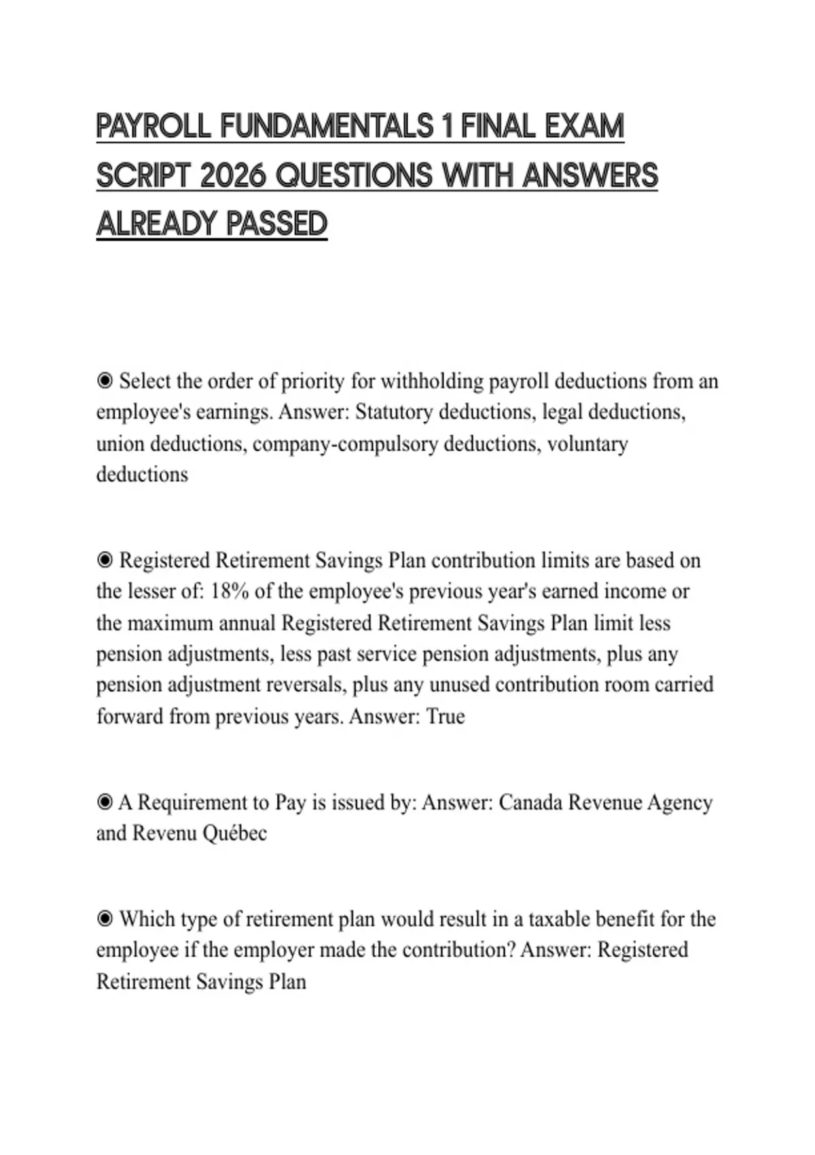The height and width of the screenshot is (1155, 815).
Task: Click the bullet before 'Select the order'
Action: [105, 381]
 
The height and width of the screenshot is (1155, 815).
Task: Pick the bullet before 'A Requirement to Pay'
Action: [105, 802]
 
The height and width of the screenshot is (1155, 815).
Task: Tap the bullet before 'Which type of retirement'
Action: [105, 919]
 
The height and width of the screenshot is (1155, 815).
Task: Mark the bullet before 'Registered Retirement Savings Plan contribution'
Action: [105, 561]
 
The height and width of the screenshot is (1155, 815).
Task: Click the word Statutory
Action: [394, 412]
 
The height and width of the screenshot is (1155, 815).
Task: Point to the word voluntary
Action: [587, 444]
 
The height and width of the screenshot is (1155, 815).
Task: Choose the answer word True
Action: [446, 717]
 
